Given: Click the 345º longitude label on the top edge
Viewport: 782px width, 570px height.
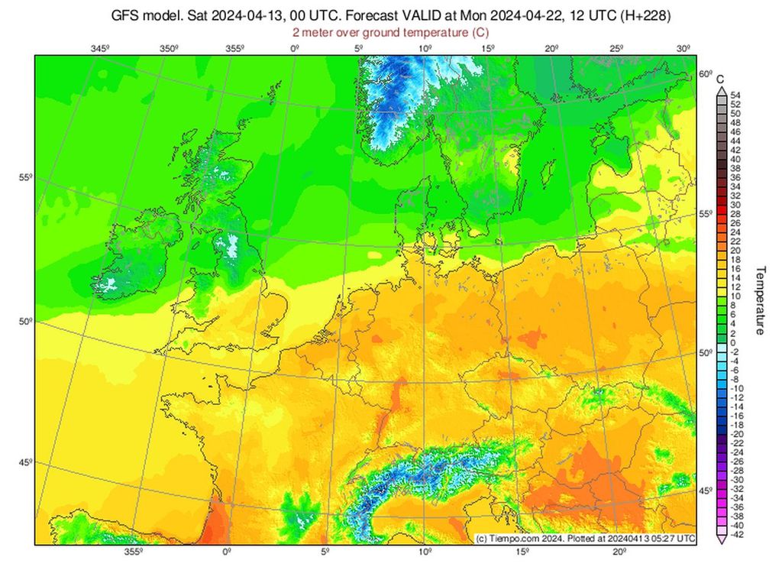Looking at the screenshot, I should (99, 49).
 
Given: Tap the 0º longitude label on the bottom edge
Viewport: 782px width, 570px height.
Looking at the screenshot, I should (226, 552).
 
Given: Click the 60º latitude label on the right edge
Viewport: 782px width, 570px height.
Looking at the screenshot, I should (704, 74).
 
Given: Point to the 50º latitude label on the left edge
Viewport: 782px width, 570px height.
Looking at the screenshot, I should (24, 322).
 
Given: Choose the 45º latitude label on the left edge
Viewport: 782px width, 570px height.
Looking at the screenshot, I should (24, 462).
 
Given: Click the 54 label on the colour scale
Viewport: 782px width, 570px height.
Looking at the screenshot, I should (735, 95).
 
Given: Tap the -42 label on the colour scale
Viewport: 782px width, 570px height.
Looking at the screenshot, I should (737, 535).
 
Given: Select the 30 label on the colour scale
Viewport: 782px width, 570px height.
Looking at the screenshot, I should (735, 205).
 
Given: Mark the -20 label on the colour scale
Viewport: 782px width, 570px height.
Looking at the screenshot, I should (737, 434).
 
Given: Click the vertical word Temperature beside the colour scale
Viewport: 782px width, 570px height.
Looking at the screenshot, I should (761, 300).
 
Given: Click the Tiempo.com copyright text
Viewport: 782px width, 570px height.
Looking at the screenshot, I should (585, 539).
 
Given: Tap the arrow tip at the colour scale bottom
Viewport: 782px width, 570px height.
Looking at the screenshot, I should (721, 542).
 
